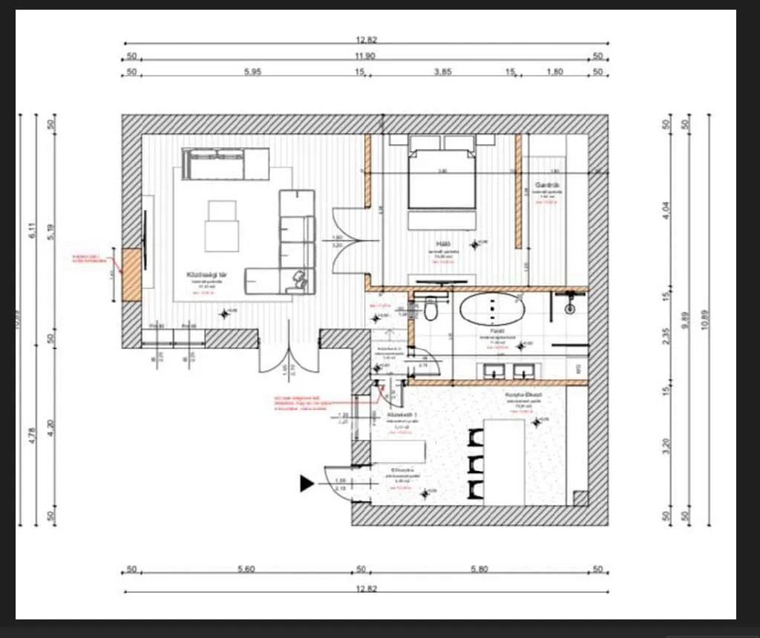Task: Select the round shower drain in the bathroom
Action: point(570,307)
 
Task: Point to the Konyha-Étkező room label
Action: point(524,394)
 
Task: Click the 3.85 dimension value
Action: point(442,72)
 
